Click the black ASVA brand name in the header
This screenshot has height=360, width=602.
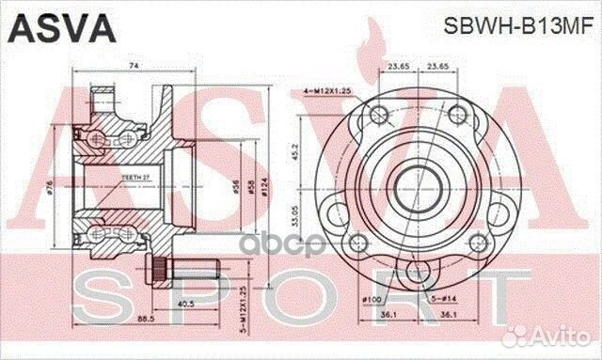[x=61, y=29]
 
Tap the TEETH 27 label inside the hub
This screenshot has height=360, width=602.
[x=135, y=174]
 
